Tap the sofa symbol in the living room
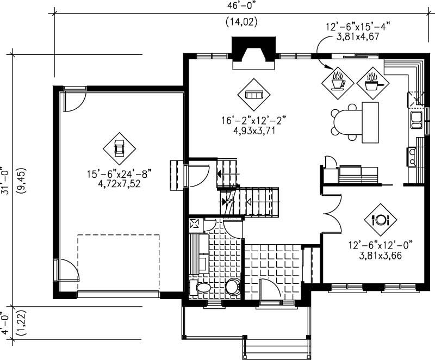point(254,94)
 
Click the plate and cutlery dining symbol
point(380,220)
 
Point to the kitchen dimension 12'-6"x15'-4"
point(357,27)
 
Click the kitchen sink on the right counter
point(416,119)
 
